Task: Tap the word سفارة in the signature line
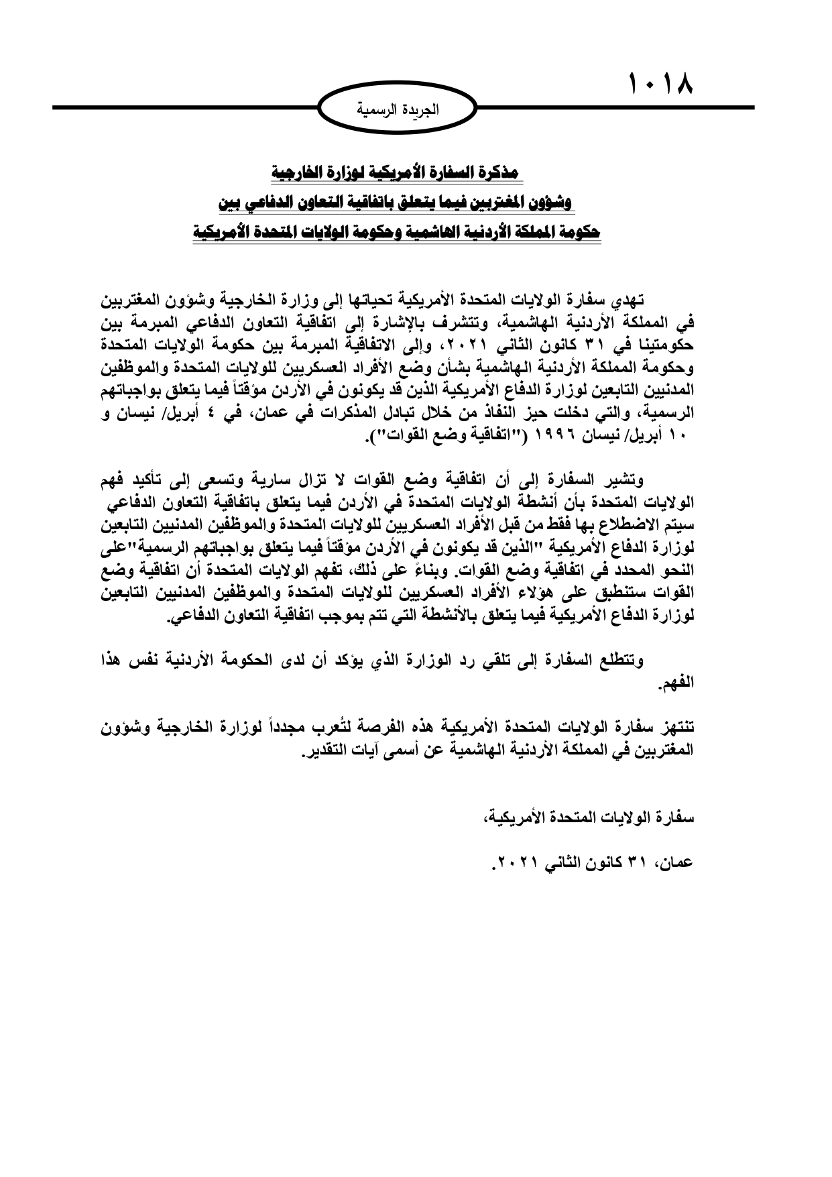pyautogui.click(x=676, y=818)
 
